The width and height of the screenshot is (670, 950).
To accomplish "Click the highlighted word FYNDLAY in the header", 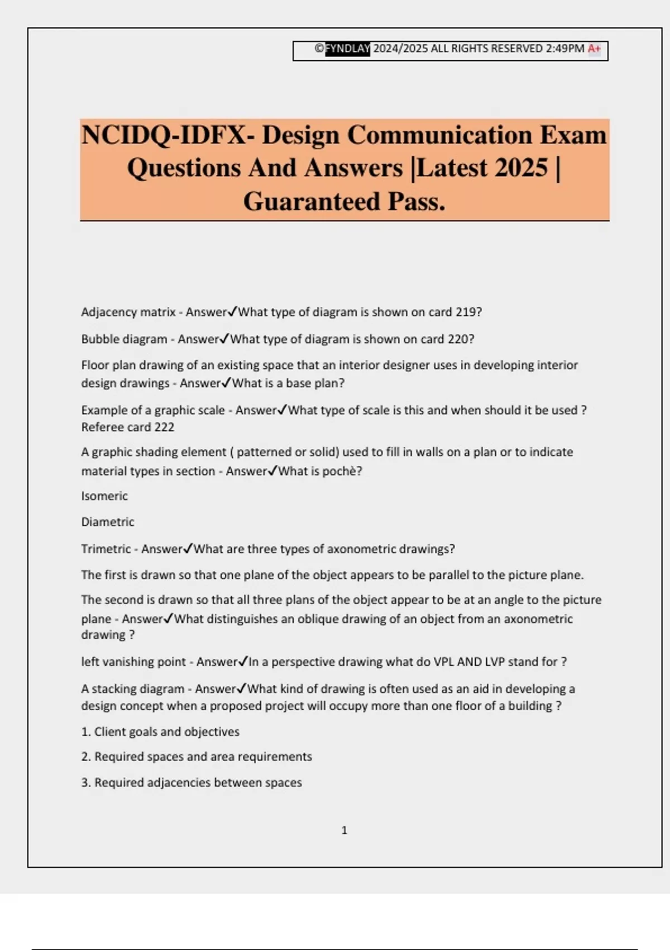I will tap(347, 49).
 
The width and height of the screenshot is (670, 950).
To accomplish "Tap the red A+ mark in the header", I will tap(594, 49).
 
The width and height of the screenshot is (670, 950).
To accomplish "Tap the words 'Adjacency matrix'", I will tap(128, 312).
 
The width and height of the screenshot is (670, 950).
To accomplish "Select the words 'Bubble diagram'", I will tap(124, 339).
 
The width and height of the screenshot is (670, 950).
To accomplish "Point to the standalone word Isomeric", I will tap(104, 496).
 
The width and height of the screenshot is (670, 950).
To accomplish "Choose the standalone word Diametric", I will tap(108, 522).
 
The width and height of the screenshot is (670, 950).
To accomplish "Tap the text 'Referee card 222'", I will tap(128, 427).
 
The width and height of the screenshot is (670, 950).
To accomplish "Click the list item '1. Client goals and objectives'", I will tap(160, 731).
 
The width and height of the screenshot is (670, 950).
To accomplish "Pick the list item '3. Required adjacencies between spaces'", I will tap(192, 782).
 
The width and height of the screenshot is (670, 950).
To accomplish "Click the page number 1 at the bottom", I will tap(344, 830).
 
